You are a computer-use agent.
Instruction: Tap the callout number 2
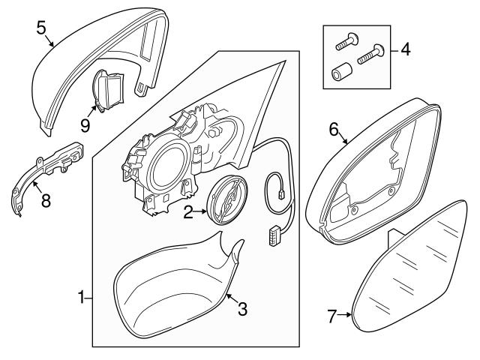coord(188,212)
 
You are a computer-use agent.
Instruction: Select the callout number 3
coord(242,308)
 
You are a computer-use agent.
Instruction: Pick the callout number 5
coord(41,28)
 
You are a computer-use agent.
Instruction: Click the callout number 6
coord(334,129)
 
